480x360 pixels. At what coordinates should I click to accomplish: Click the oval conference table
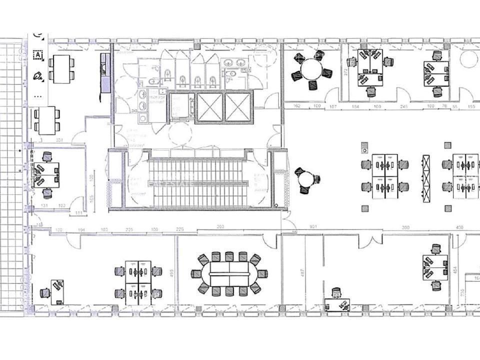pyautogui.click(x=229, y=274)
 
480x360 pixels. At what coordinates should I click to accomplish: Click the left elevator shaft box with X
pyautogui.click(x=210, y=107)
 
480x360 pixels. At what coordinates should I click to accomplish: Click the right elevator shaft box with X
pyautogui.click(x=239, y=107)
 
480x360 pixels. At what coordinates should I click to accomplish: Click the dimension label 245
pyautogui.click(x=404, y=106)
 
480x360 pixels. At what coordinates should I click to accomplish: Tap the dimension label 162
pyautogui.click(x=296, y=106)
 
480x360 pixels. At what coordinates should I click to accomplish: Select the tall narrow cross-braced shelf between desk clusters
pyautogui.click(x=426, y=178)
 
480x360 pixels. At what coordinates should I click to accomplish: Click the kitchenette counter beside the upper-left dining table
pyautogui.click(x=105, y=73)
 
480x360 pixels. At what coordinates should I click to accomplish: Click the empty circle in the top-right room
pyautogui.click(x=468, y=58)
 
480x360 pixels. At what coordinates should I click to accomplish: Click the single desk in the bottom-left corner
pyautogui.click(x=57, y=292)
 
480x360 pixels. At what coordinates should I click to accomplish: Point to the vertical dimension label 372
pyautogui.click(x=345, y=71)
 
